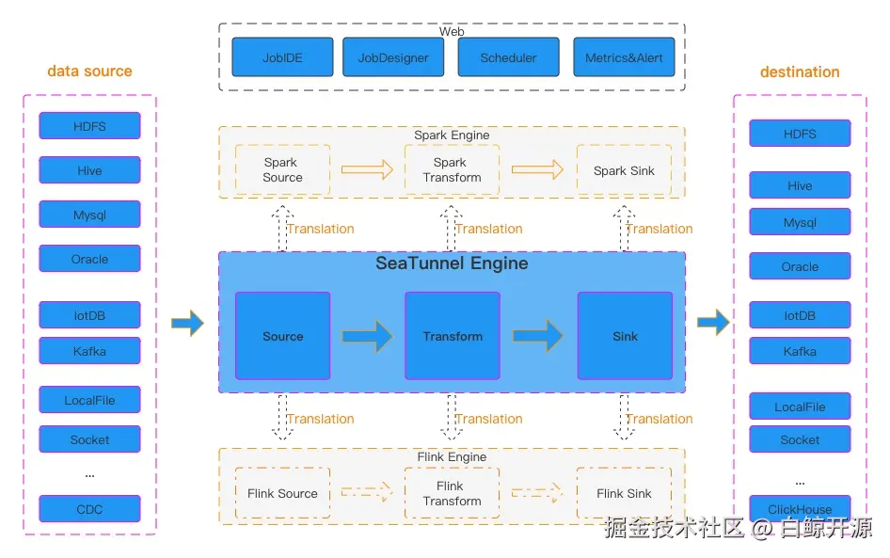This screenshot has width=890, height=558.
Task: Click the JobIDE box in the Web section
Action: (x=282, y=56)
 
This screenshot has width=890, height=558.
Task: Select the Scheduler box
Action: (x=509, y=56)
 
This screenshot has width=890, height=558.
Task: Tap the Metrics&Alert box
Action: (x=624, y=56)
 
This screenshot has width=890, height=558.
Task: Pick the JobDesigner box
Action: (x=393, y=56)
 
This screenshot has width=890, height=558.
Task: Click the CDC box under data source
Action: (x=89, y=509)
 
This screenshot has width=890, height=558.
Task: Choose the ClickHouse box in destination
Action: (x=800, y=508)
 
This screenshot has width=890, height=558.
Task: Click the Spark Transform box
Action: (x=453, y=169)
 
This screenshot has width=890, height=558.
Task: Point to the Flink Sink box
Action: (x=624, y=493)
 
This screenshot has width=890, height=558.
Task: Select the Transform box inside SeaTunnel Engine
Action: (x=453, y=336)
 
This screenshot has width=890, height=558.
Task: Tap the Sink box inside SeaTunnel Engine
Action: (x=625, y=336)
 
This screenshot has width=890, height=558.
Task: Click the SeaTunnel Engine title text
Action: (x=452, y=263)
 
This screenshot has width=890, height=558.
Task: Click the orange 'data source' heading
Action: (x=89, y=71)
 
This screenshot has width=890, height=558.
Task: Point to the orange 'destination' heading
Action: (x=800, y=72)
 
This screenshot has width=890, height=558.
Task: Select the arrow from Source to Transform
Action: (x=367, y=336)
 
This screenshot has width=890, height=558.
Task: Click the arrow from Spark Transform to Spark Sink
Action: (x=537, y=169)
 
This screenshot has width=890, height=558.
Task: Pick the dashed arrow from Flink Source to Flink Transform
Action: (x=367, y=491)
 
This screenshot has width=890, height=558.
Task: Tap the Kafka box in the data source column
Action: (x=89, y=351)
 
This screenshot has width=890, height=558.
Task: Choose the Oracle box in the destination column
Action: (x=800, y=266)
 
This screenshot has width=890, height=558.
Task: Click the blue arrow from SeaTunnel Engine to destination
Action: (x=713, y=323)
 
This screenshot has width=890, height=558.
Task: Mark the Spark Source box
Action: (x=282, y=169)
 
